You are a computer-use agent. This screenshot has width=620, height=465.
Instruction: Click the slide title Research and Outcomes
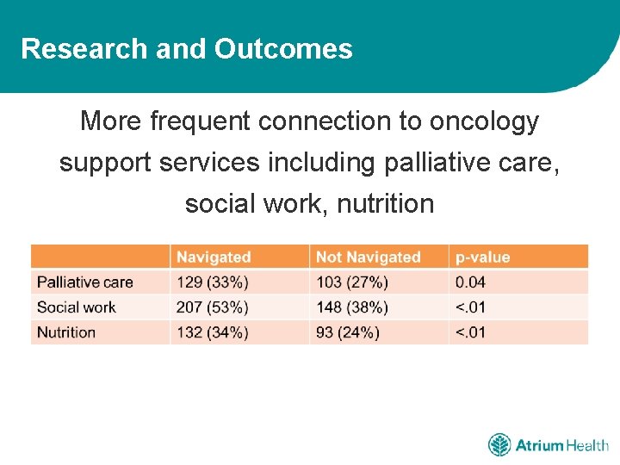tap(187, 49)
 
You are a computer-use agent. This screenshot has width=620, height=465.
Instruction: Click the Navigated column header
tap(214, 257)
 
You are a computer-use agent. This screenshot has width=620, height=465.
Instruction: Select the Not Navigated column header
tap(368, 257)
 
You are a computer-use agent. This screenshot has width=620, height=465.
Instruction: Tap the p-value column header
tap(482, 257)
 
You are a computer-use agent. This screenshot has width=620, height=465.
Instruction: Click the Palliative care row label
tap(84, 282)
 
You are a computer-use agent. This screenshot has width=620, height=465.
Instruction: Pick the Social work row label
tap(76, 307)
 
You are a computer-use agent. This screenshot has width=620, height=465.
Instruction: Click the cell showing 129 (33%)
tap(213, 282)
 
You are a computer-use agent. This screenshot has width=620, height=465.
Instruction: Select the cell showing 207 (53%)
tap(213, 307)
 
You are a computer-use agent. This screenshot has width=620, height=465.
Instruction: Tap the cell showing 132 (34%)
tap(213, 332)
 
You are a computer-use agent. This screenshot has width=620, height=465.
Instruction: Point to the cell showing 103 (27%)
tap(352, 282)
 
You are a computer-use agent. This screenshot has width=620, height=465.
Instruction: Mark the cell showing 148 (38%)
tap(352, 307)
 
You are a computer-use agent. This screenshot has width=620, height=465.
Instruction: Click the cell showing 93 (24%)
tap(348, 332)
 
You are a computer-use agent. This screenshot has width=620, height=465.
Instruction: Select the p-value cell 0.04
tap(470, 282)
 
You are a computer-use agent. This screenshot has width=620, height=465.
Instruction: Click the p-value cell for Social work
tap(470, 307)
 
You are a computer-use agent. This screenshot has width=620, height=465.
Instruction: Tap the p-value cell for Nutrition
tap(470, 332)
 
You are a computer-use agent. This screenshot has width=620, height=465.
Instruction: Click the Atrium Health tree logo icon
tap(499, 445)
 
